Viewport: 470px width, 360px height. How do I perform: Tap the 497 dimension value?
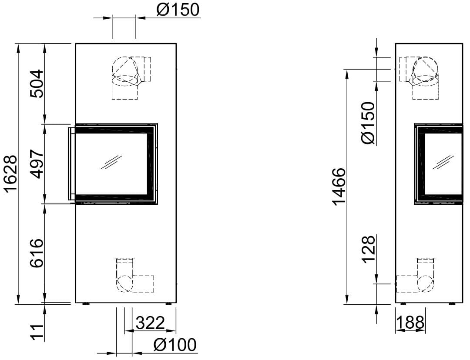click(37, 164)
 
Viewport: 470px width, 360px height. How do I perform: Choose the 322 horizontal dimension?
click(151, 323)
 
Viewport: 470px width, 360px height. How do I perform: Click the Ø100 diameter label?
click(175, 344)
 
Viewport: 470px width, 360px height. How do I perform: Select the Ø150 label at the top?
click(178, 10)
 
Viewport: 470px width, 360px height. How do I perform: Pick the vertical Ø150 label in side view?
click(368, 123)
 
